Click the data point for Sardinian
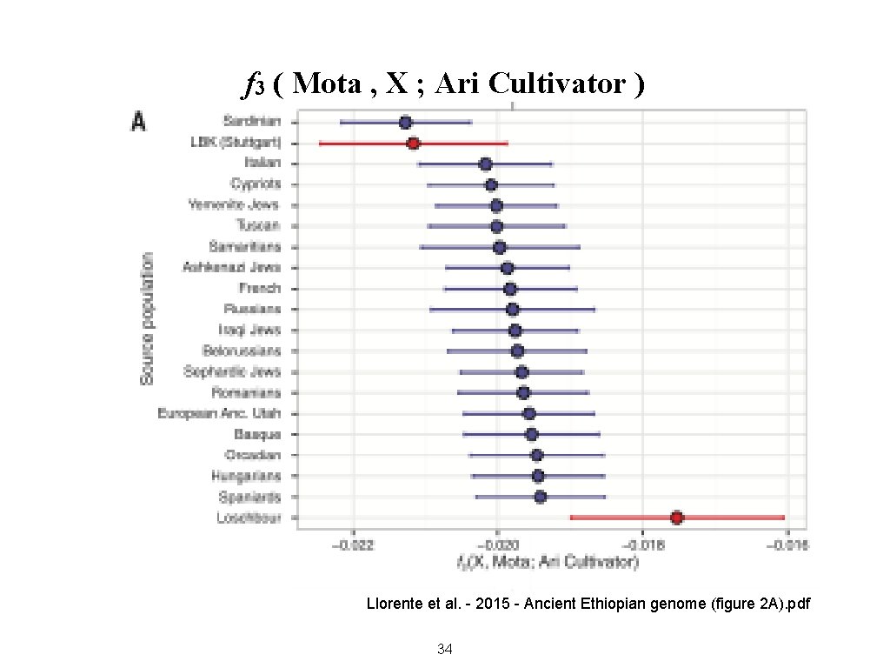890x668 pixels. (405, 123)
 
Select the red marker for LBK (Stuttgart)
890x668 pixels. (413, 144)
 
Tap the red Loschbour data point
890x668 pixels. (677, 518)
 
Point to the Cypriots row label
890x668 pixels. (256, 184)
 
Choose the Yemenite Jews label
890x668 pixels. (235, 205)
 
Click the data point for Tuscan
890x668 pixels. (496, 227)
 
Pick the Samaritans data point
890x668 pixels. (500, 248)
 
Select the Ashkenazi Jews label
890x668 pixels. (231, 268)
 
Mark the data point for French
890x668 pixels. (510, 289)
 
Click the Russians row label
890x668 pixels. (252, 309)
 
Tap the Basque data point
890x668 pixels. (532, 434)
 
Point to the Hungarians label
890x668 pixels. (246, 476)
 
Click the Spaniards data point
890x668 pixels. (540, 497)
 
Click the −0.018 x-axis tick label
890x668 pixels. (641, 545)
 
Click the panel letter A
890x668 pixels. (137, 122)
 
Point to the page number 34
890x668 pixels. (445, 648)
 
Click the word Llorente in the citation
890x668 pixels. (393, 603)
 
